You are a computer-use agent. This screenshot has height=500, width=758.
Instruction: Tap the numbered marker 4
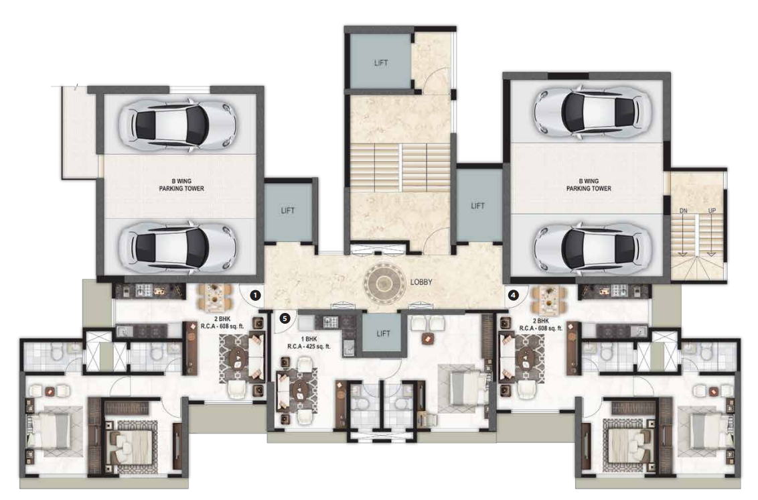click(513, 294)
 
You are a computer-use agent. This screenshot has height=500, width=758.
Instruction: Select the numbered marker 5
click(285, 318)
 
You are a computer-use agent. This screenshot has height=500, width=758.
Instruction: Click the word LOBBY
click(423, 282)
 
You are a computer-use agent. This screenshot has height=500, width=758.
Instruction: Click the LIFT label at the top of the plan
click(381, 62)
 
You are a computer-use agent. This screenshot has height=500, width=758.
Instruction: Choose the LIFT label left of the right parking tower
click(477, 206)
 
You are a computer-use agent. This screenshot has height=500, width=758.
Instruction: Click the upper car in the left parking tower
click(177, 123)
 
